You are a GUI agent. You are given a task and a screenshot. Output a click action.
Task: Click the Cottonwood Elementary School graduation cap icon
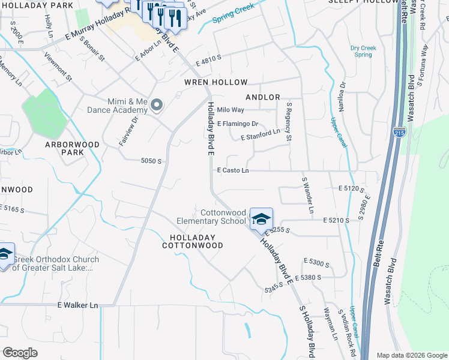[261, 218]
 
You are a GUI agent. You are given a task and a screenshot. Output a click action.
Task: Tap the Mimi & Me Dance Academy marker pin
[157, 106]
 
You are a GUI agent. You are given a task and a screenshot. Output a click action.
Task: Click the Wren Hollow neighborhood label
[215, 82]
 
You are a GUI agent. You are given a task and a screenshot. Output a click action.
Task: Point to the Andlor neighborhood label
[263, 97]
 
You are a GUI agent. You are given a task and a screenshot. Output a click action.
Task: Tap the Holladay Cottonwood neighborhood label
[193, 241]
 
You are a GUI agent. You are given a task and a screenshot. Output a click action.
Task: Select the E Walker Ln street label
[77, 305]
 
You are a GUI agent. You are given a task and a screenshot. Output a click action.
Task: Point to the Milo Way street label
[231, 110]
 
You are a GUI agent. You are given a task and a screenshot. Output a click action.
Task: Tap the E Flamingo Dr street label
[238, 124]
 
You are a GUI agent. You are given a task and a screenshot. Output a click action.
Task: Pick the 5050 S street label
[151, 161]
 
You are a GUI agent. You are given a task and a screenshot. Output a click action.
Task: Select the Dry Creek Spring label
[363, 51]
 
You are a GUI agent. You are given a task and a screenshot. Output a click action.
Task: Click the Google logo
[20, 353]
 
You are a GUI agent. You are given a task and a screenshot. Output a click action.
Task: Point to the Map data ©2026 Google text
[411, 355]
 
